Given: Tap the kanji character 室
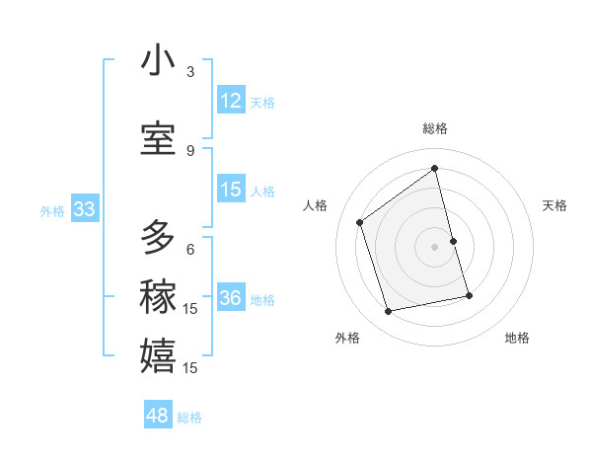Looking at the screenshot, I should tap(158, 139).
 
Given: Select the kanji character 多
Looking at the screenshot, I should tap(158, 238).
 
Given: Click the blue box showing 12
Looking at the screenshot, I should tap(231, 101).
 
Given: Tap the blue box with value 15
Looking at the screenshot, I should tap(231, 190).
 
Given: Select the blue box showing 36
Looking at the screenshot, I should tap(231, 298).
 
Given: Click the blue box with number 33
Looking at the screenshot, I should tap(83, 209).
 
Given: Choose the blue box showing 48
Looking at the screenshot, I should tap(158, 416).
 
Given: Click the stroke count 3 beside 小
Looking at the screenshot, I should tap(190, 72).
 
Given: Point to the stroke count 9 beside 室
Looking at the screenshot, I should tap(190, 150).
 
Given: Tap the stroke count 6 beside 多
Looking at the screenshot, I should tap(190, 249).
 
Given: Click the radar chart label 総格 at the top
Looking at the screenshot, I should tap(435, 128).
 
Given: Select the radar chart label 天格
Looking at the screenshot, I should tap(555, 205).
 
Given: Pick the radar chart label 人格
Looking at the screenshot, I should tap(316, 205).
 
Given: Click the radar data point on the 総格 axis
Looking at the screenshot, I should tap(435, 169).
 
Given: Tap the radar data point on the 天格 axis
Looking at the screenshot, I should tap(453, 241).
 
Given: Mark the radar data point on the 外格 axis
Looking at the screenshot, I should tap(389, 311).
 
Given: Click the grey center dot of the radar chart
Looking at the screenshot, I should tap(435, 247).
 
